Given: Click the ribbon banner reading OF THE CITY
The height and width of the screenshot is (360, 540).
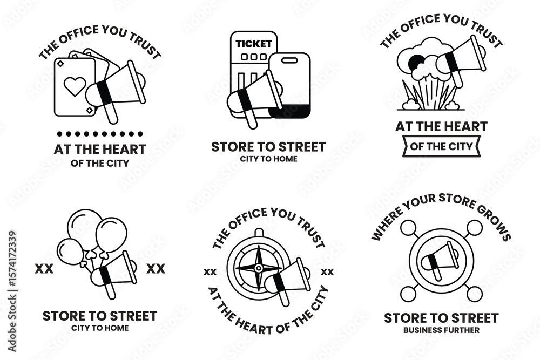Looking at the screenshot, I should pos(441,146).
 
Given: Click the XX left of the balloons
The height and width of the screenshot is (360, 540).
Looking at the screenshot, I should pos(44,268).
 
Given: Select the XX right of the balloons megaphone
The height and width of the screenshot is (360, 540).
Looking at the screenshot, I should pos(156,268).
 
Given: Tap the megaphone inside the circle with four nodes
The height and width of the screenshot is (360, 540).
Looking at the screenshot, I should pos(440,261).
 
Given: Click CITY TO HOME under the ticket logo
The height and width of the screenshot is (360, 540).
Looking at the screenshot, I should pos(268,159).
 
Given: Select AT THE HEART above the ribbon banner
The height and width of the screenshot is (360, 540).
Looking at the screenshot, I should pos(441,127).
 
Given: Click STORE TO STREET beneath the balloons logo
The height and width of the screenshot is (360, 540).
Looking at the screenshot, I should pos(100,316).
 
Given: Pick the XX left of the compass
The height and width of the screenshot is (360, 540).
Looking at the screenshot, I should pos(210,271).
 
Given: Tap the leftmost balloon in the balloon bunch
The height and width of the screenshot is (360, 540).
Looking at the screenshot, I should pos(70,251).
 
